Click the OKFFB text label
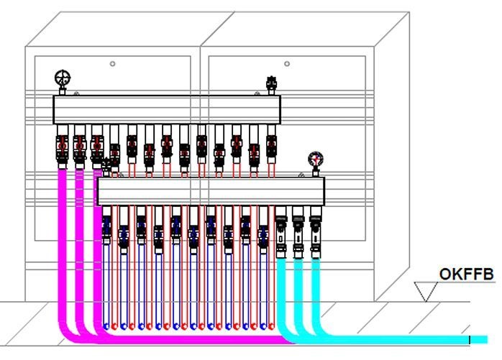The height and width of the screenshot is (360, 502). point(467,274)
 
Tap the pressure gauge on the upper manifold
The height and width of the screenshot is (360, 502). point(63,78)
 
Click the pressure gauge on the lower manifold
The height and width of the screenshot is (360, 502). point(315,160)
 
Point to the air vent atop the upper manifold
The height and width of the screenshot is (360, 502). point(272,85)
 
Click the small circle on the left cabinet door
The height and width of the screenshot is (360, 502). point(113,64)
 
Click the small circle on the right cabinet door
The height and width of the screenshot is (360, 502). point(287,64)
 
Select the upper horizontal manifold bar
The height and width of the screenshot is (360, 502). point(166,109)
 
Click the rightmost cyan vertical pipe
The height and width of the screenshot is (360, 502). point(315,287)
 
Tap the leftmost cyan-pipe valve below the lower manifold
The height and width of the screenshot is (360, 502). point(280,231)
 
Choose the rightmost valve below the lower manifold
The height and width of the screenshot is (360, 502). point(315,231)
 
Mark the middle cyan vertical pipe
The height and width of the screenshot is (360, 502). point(298,287)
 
